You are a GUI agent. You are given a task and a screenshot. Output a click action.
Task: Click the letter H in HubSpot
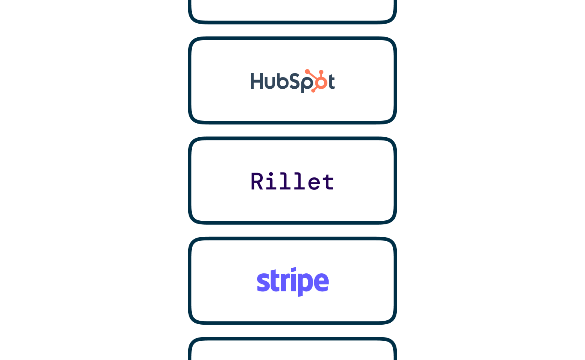tap(256, 81)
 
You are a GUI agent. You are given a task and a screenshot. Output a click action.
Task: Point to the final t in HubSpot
tap(331, 82)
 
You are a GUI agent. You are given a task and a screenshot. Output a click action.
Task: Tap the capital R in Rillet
tap(257, 181)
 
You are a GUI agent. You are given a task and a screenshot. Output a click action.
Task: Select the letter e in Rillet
tap(314, 183)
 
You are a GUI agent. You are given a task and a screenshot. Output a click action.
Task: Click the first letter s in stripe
tap(263, 282)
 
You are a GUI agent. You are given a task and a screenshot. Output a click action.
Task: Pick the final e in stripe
tap(321, 282)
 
